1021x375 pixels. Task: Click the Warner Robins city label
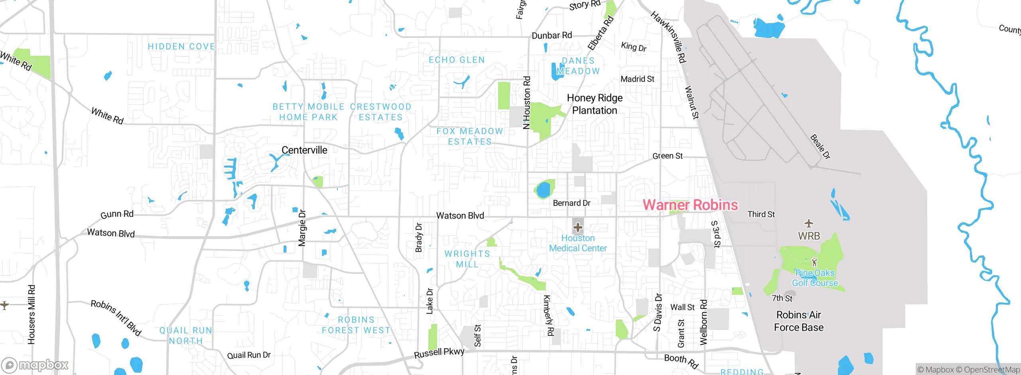click(690, 205)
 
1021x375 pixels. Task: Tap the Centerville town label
click(304, 150)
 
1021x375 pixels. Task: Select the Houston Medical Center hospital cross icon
click(578, 228)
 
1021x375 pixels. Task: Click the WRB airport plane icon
click(808, 223)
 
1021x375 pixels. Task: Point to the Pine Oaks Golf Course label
click(815, 278)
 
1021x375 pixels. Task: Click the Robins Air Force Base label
click(798, 321)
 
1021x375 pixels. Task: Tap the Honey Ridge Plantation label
click(595, 104)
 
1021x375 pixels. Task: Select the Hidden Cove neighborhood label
click(181, 47)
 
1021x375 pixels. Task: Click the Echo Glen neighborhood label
click(457, 60)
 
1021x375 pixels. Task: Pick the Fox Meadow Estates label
click(470, 136)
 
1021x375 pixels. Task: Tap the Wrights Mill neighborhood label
click(467, 259)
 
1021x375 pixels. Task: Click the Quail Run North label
click(186, 336)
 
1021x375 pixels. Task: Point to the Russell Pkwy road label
click(439, 353)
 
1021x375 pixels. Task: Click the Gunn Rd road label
click(117, 215)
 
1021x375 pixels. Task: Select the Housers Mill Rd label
click(32, 314)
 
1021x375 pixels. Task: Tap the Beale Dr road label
click(820, 147)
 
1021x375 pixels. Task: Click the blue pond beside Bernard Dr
click(543, 190)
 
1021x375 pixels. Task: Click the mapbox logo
click(35, 365)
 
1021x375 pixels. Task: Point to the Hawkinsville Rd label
click(668, 37)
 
